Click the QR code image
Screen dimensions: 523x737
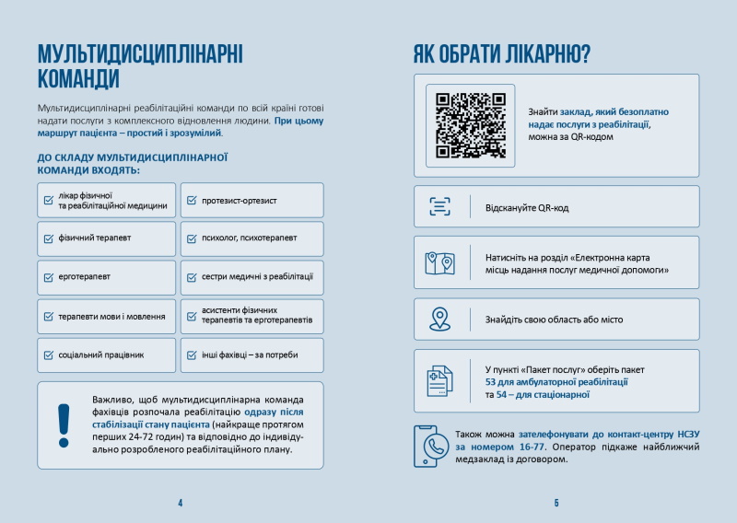pyautogui.click(x=470, y=125)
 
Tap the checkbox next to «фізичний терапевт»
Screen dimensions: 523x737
pyautogui.click(x=49, y=238)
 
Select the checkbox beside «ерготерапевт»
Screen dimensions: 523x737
pyautogui.click(x=49, y=277)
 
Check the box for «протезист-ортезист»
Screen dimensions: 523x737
pyautogui.click(x=191, y=200)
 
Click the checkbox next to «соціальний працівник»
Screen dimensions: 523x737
pyautogui.click(x=49, y=354)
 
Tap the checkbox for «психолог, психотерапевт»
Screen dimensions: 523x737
pyautogui.click(x=191, y=238)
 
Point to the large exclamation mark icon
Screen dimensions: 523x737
pyautogui.click(x=64, y=424)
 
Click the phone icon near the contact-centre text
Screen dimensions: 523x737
pyautogui.click(x=430, y=446)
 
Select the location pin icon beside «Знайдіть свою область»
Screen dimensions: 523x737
pyautogui.click(x=439, y=320)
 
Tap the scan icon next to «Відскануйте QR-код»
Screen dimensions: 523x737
pyautogui.click(x=439, y=206)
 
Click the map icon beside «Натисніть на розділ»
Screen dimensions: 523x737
pyautogui.click(x=439, y=263)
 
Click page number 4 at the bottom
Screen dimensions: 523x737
pyautogui.click(x=181, y=503)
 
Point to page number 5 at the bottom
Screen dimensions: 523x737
pyautogui.click(x=556, y=503)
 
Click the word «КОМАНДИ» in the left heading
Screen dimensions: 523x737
pyautogui.click(x=79, y=77)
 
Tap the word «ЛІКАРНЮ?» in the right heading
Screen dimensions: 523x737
pyautogui.click(x=545, y=54)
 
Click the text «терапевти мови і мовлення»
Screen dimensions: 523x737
pyautogui.click(x=105, y=317)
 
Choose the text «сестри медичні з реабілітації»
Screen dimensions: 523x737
pyautogui.click(x=257, y=277)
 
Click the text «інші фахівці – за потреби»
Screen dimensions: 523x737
pyautogui.click(x=246, y=354)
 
